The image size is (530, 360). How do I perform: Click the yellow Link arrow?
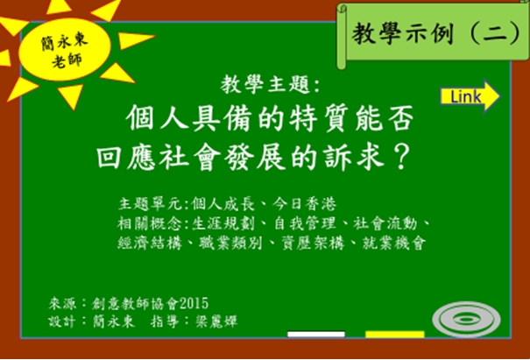point(470,96)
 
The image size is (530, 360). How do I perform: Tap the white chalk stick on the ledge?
point(316,335)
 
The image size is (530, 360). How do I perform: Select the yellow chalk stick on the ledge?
point(395,335)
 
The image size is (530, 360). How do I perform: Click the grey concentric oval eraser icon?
point(466,319)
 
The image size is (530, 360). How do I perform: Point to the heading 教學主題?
point(265,84)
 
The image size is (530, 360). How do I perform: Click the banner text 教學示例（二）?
point(436,33)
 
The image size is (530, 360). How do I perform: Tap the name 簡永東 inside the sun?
point(65,42)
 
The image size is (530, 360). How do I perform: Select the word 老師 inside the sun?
point(67,60)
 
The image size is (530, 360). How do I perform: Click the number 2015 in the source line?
point(194,304)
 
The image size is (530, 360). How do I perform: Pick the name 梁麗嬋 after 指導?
point(216,321)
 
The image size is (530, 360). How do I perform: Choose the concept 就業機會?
point(394,243)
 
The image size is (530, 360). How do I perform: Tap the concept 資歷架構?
point(313,243)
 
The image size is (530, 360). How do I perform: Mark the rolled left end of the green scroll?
point(342,36)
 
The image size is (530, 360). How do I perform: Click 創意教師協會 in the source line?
point(135,304)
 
